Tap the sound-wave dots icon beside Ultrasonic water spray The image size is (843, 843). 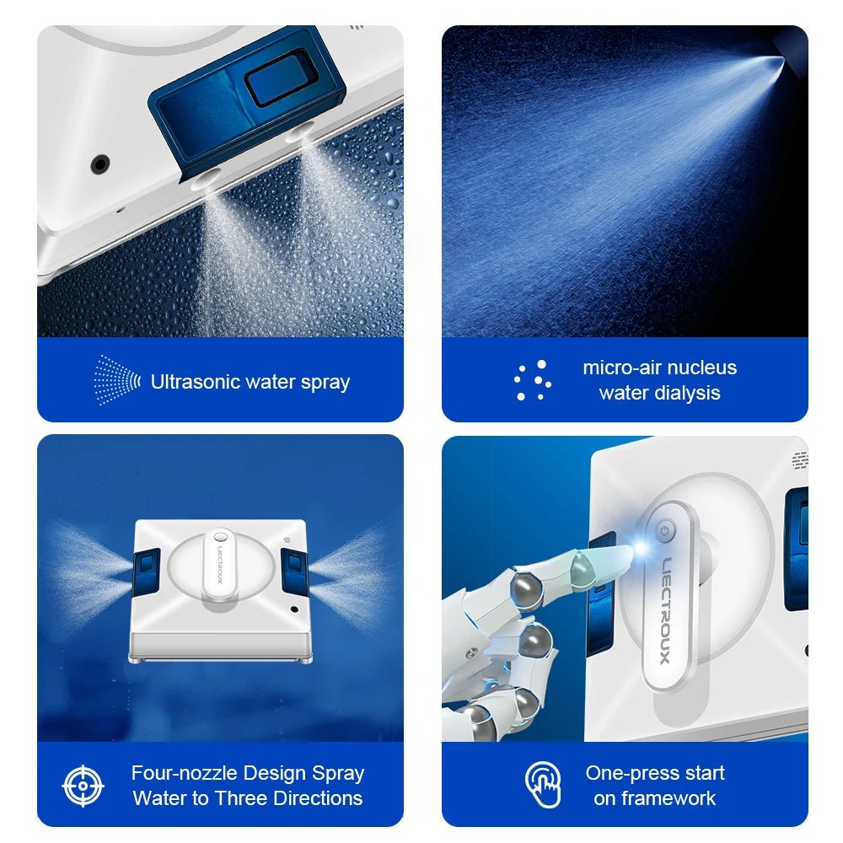point(117,380)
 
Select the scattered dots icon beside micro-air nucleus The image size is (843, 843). point(533,380)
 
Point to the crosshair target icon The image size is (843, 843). point(83,786)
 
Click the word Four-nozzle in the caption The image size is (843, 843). point(183,773)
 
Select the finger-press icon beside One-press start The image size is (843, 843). point(544,785)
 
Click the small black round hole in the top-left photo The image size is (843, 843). point(101,164)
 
